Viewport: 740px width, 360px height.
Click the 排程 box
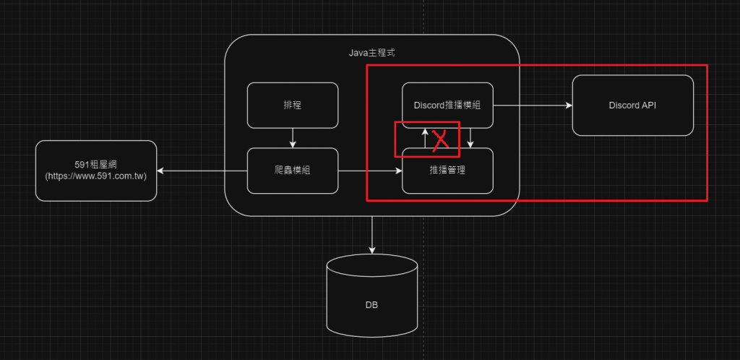point(293,106)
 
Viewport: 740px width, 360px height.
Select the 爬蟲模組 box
point(293,171)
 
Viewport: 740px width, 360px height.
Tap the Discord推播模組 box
point(447,106)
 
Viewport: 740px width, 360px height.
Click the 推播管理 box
point(447,171)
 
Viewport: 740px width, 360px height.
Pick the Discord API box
point(632,106)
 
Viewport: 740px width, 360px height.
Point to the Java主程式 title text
point(372,53)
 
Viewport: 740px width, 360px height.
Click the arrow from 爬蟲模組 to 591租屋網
point(202,171)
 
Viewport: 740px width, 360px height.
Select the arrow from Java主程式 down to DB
point(372,234)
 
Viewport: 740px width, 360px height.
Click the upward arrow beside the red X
point(424,138)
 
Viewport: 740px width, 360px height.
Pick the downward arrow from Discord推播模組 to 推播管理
point(470,138)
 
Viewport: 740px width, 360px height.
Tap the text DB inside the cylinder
point(371,305)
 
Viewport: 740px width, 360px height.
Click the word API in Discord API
point(649,106)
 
